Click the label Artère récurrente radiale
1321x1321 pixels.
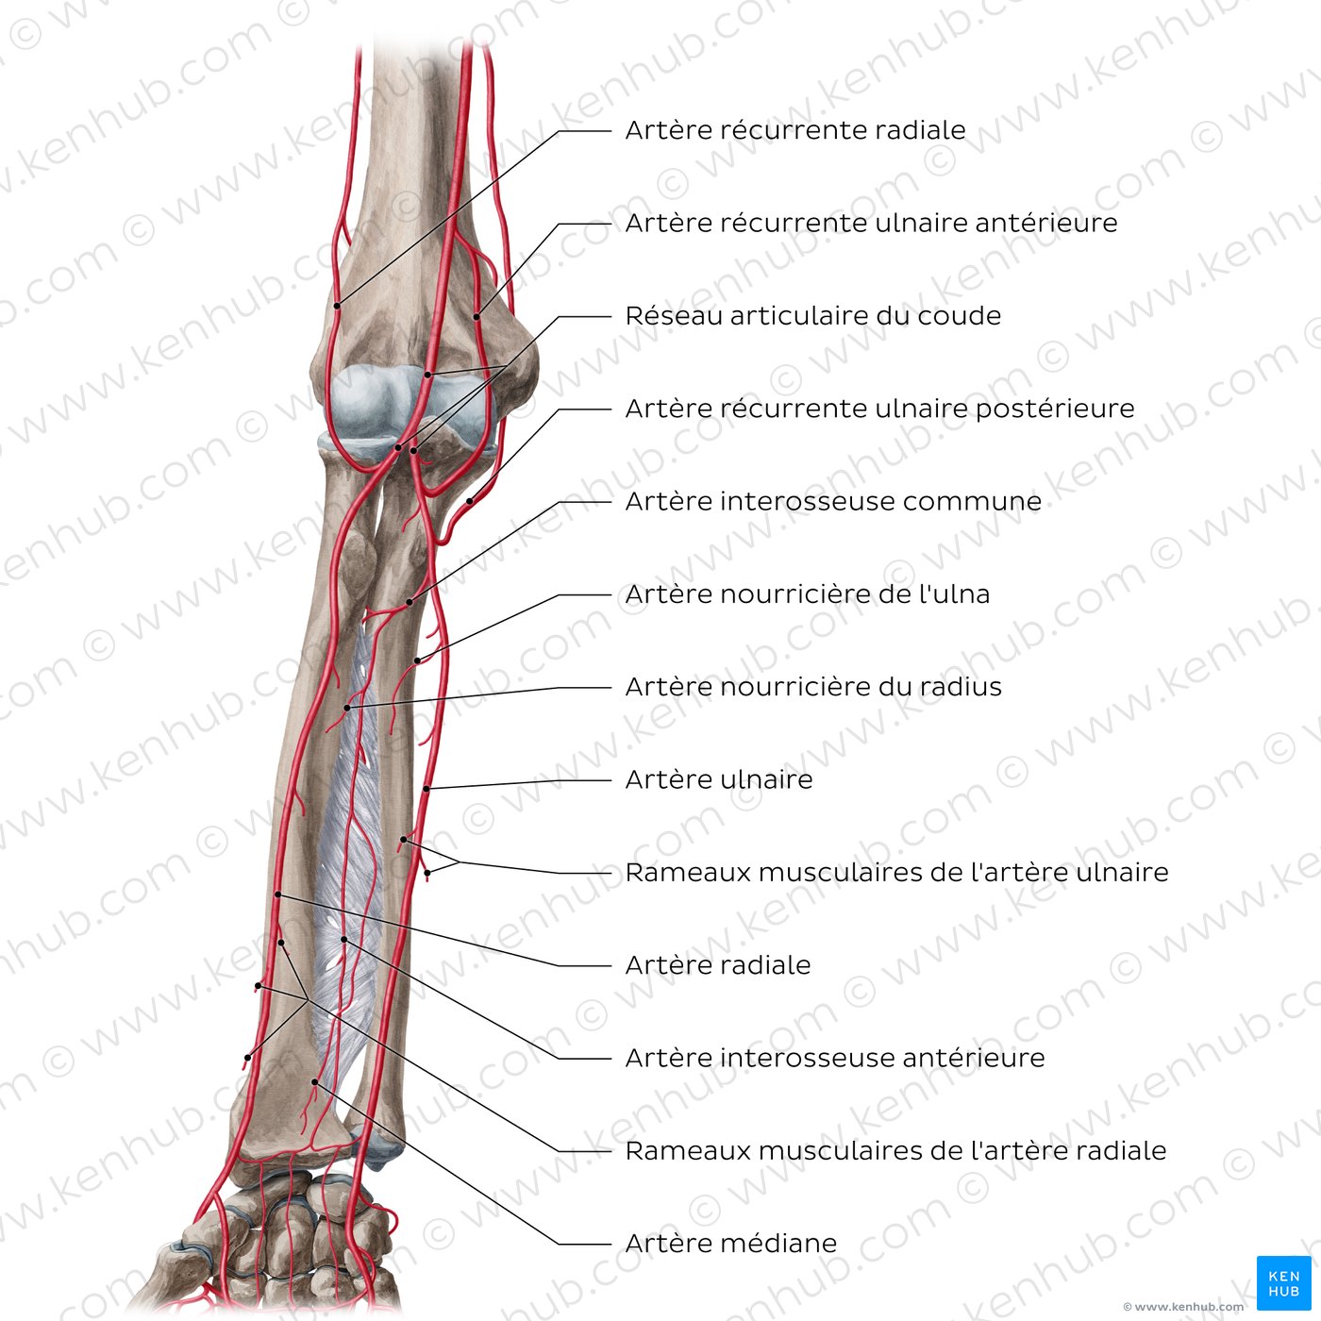795,130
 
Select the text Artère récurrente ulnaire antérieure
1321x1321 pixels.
871,223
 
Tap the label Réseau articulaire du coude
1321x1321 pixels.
813,315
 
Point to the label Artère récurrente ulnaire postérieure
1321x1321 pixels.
879,409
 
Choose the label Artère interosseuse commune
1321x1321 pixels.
833,501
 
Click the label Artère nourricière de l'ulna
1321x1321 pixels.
808,594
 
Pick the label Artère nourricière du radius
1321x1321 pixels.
813,686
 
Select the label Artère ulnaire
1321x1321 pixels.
718,779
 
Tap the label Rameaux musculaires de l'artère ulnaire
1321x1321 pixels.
896,872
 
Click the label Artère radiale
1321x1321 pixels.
718,964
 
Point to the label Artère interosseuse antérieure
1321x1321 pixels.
835,1058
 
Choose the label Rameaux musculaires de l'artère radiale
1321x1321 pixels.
895,1150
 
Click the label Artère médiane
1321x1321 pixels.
730,1243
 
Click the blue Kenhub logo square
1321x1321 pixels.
1283,1282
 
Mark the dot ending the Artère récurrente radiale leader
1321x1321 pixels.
337,306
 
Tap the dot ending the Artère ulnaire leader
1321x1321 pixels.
426,789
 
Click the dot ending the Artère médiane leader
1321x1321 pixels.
314,1081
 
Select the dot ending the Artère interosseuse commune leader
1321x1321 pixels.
410,602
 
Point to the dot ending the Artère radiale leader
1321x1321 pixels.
277,895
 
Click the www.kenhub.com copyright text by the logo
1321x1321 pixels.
1182,1307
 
